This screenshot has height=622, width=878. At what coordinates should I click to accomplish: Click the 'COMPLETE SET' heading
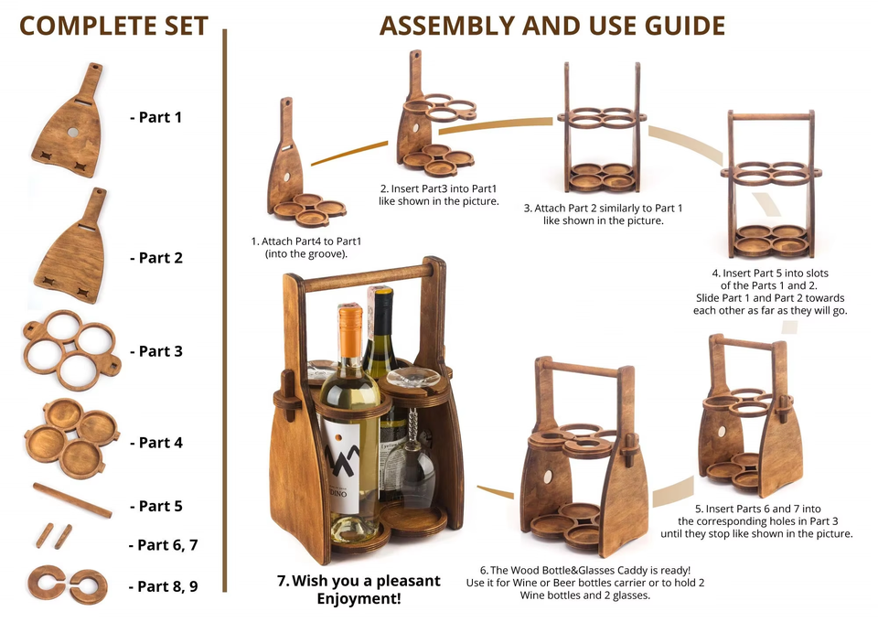click(113, 26)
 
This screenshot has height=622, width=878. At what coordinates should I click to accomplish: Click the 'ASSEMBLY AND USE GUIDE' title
click(552, 26)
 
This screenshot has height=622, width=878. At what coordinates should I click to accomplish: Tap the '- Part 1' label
click(155, 117)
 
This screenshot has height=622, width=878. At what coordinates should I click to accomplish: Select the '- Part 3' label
click(156, 351)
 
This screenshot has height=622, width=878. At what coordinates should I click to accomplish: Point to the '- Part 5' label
click(156, 506)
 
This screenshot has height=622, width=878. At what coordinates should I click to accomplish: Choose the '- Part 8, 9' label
click(164, 586)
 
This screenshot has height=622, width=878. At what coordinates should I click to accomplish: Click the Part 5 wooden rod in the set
click(72, 500)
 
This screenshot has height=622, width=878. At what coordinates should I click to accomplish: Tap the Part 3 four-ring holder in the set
click(71, 350)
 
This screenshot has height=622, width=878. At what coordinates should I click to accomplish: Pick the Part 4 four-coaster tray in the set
click(71, 438)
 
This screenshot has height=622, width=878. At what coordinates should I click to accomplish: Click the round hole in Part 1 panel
click(73, 132)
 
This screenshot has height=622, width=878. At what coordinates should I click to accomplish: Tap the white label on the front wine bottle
click(340, 464)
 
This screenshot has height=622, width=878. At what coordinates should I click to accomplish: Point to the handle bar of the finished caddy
click(369, 279)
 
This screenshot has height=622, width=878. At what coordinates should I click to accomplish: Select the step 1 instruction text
click(306, 248)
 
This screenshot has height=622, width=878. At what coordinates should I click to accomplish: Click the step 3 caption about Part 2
click(603, 214)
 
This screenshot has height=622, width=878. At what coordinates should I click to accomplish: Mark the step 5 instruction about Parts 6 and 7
click(757, 521)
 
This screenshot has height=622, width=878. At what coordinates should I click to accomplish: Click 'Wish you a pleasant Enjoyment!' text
click(359, 590)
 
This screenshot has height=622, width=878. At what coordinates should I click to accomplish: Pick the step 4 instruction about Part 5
click(770, 292)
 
